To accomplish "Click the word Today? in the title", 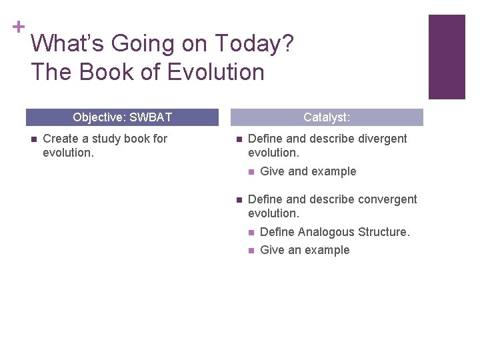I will tap(254, 44).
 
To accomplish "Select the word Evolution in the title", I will tap(216, 72).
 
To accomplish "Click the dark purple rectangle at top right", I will tap(446, 57).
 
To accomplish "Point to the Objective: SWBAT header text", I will tap(122, 117).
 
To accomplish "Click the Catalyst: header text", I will tap(327, 117).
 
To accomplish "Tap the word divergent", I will tap(380, 139).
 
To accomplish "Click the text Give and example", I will tap(308, 171).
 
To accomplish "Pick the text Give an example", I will tap(305, 250).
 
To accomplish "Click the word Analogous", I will tap(326, 232).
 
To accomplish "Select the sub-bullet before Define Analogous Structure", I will tap(250, 233).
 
